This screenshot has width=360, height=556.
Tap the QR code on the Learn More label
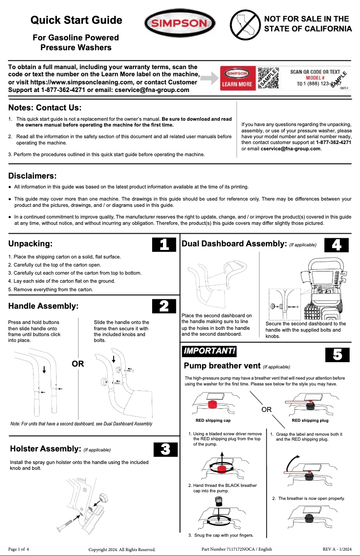click(267, 79)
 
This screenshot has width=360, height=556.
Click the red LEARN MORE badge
click(237, 79)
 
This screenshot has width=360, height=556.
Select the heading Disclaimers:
click(32, 176)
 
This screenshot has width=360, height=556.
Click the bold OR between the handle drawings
click(78, 364)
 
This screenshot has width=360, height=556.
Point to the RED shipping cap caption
click(213, 420)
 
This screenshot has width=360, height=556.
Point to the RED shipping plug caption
click(310, 420)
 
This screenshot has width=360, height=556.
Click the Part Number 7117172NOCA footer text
click(237, 549)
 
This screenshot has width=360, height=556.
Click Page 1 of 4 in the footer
click(18, 549)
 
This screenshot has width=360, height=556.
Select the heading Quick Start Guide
click(76, 20)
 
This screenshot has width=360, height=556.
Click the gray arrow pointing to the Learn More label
click(208, 79)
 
